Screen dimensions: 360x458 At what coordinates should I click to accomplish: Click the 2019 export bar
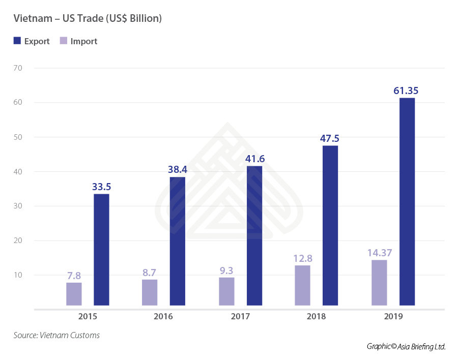coord(407,201)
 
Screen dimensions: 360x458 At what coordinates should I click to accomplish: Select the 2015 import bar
coord(74,294)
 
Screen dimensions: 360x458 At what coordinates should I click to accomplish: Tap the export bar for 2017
coord(254,235)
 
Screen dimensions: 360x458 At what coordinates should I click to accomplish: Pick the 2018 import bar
coord(302,285)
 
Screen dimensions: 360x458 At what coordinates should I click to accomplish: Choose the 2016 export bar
coord(178,241)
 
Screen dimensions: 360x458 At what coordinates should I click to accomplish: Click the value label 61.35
coord(407,91)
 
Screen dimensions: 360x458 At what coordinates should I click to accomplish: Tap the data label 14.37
coord(379,253)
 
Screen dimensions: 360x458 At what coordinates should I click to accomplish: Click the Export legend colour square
coord(17,41)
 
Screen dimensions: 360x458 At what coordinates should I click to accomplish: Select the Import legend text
coord(84,42)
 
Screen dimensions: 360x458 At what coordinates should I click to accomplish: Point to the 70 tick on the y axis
coord(19,68)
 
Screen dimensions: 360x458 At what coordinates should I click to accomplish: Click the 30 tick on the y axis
coord(19,206)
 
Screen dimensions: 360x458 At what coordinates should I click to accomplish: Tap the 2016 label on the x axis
coord(163,316)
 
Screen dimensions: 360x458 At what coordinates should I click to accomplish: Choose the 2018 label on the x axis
coord(316,316)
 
